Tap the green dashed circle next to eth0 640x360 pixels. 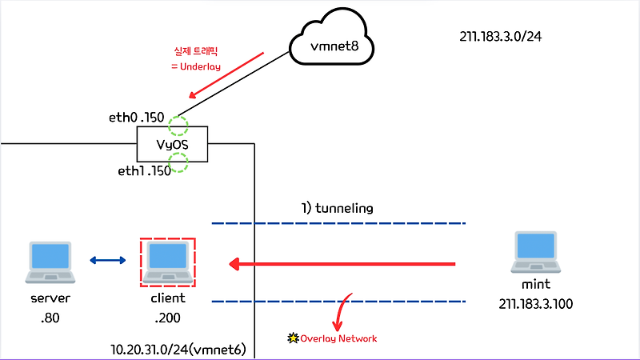177,126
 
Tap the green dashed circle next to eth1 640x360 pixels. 177,165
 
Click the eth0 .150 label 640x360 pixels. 136,118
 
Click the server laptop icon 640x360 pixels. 50,263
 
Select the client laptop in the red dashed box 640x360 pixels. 167,262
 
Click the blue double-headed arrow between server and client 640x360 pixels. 108,260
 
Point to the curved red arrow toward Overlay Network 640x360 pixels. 343,313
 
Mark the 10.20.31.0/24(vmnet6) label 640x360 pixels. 178,350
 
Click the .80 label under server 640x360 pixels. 50,318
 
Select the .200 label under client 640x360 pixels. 167,318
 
